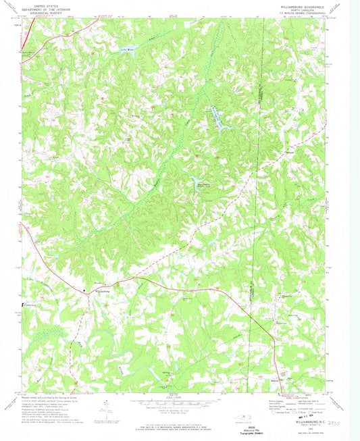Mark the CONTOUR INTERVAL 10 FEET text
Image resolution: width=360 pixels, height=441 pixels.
172,410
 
